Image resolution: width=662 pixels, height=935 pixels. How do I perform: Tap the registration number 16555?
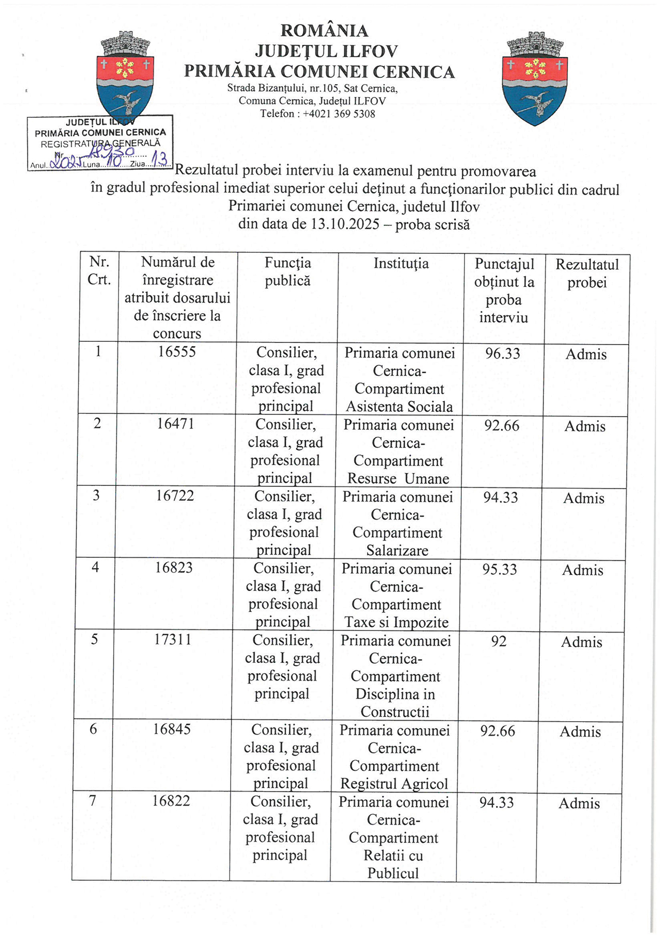pyautogui.click(x=177, y=351)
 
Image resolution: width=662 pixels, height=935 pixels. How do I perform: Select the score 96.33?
pyautogui.click(x=502, y=354)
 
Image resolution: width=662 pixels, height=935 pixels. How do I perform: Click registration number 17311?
pyautogui.click(x=172, y=639)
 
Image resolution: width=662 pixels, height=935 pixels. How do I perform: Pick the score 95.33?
pyautogui.click(x=500, y=570)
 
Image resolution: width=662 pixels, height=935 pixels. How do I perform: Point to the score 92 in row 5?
pyautogui.click(x=499, y=641)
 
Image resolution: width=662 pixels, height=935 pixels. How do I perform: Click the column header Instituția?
pyautogui.click(x=400, y=263)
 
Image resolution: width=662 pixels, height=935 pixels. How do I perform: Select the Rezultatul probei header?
pyautogui.click(x=587, y=273)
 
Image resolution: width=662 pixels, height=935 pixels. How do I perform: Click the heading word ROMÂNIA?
pyautogui.click(x=324, y=31)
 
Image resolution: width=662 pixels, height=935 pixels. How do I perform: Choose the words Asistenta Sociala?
pyautogui.click(x=399, y=407)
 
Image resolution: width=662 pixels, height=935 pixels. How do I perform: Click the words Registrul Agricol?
pyautogui.click(x=394, y=784)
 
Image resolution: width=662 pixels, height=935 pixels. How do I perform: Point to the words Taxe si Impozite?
pyautogui.click(x=396, y=622)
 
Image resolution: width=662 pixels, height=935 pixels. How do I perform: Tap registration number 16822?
pyautogui.click(x=171, y=801)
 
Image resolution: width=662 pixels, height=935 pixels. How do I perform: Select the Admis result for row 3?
pyautogui.click(x=584, y=499)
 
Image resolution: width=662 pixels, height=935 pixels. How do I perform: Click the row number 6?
pyautogui.click(x=93, y=729)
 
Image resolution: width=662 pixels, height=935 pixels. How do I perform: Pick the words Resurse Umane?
pyautogui.click(x=398, y=479)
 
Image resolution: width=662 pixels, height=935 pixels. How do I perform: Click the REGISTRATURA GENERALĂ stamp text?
pyautogui.click(x=100, y=143)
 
